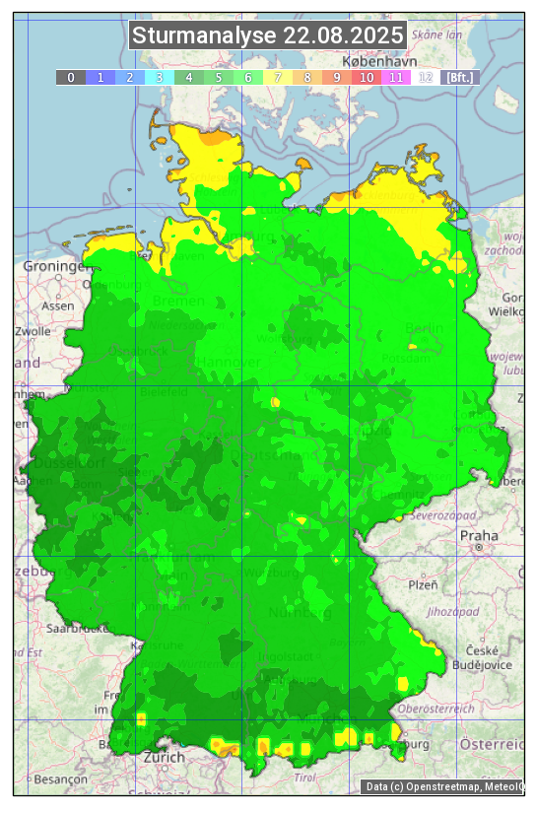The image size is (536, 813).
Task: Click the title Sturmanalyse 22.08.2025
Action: [x=267, y=36]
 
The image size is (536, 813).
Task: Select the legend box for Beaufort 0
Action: [x=71, y=77]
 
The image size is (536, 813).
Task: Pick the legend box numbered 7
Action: [x=278, y=77]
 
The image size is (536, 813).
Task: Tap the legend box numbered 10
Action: [x=367, y=77]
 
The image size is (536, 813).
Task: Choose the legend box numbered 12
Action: [x=426, y=77]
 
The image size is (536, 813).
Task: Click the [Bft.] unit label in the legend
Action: [x=459, y=77]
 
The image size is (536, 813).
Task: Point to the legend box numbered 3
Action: [x=160, y=77]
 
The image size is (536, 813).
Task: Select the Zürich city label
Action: [x=164, y=757]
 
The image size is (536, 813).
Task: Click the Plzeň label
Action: [x=423, y=584]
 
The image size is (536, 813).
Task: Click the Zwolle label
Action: [x=33, y=331]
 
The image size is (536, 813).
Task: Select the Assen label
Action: [x=58, y=305]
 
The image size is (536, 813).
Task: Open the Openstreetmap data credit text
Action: [x=443, y=786]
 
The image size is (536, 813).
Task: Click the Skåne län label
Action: [x=436, y=34]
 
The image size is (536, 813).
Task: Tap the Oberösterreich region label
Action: [x=436, y=708]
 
